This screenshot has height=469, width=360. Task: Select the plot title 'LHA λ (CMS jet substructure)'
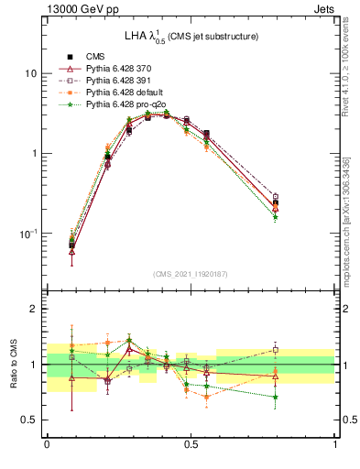pyautogui.click(x=191, y=36)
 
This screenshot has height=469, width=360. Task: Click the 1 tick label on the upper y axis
pyautogui.click(x=34, y=153)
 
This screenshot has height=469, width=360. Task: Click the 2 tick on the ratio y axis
pyautogui.click(x=34, y=309)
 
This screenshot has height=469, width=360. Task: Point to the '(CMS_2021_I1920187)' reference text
pyautogui.click(x=191, y=274)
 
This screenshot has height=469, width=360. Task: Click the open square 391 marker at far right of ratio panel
pyautogui.click(x=276, y=349)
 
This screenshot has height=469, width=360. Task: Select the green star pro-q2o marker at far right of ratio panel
pyautogui.click(x=276, y=397)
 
